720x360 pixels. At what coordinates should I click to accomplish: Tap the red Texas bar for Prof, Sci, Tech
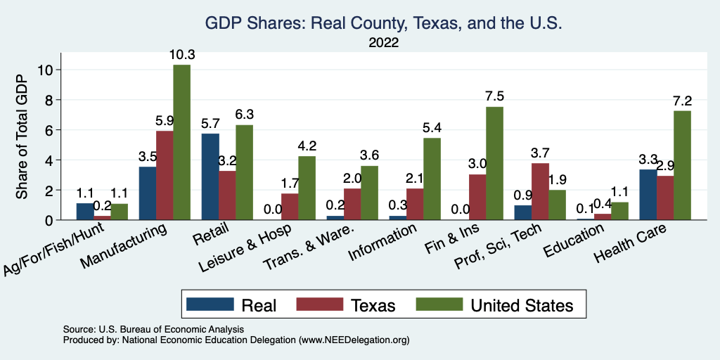coord(540,191)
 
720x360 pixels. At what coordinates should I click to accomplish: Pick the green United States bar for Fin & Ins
coord(494,163)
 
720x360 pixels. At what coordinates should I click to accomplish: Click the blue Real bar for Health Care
coord(648,195)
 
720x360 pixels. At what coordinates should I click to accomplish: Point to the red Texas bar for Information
coord(415,204)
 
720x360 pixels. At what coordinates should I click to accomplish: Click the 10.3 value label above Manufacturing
coord(181,55)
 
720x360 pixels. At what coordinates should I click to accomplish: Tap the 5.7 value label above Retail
coord(210,124)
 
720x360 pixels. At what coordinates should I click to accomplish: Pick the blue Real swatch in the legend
coord(210,305)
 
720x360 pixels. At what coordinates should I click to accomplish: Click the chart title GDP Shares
coord(383,23)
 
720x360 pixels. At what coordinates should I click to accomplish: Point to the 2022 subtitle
coord(383,43)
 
